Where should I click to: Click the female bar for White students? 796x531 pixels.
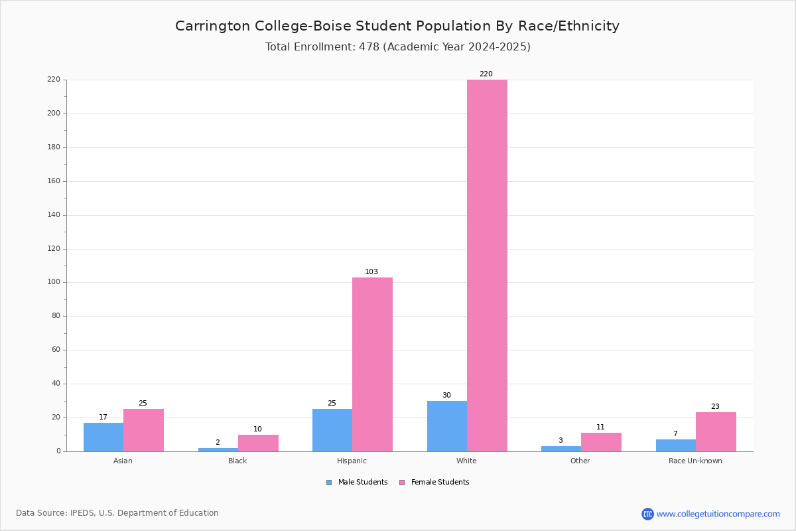[x=487, y=265]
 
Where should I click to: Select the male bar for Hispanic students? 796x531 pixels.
[x=332, y=430]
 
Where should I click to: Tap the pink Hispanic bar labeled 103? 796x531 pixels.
[x=372, y=364]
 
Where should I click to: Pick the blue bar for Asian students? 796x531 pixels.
[x=103, y=437]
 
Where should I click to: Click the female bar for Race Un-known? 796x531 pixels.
[x=716, y=432]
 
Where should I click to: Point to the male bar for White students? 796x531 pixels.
[x=447, y=426]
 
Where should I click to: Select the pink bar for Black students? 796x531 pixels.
[x=258, y=443]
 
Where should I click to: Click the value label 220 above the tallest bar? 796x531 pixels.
[x=486, y=74]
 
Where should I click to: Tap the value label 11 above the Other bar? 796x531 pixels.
[x=600, y=427]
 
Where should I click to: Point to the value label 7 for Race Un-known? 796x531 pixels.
[x=675, y=433]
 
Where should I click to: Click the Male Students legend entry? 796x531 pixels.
[x=357, y=482]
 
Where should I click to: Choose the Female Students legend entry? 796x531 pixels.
[x=434, y=482]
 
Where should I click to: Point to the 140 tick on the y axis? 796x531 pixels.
[x=54, y=215]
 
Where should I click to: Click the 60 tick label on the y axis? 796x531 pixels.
[x=56, y=350]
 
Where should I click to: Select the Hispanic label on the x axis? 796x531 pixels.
[x=352, y=461]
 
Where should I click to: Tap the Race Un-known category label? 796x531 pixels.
[x=695, y=461]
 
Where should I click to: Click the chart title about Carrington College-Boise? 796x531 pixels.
[x=397, y=26]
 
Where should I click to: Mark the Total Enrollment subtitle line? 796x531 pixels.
[x=397, y=46]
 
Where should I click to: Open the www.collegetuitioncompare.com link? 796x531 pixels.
[x=718, y=514]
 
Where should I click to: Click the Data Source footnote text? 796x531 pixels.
[x=117, y=513]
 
